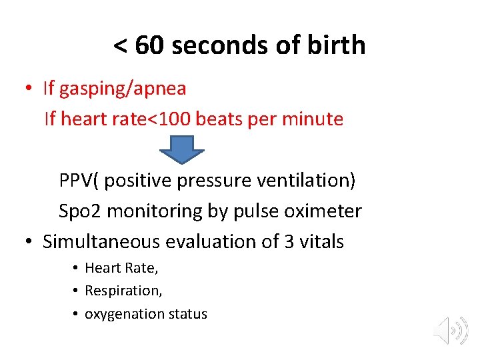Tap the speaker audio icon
pos(450,330)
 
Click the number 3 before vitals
pos(289,241)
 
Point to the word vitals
pos(322,241)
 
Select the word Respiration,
pos(123,291)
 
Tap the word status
pos(187,314)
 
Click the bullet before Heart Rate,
pos(77,268)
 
